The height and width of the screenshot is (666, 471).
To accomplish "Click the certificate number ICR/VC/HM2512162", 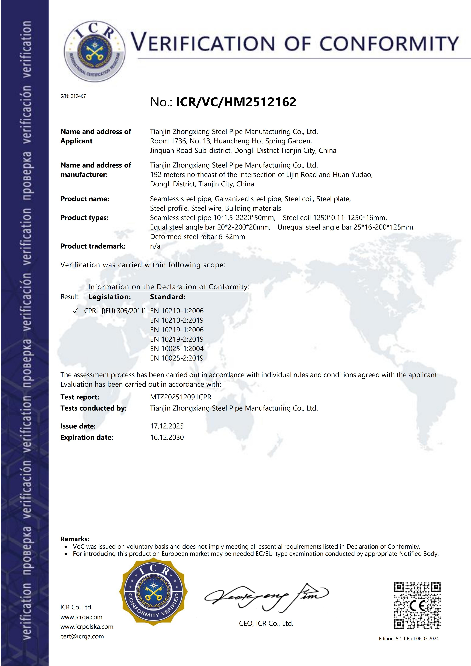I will pyautogui.click(x=236, y=102).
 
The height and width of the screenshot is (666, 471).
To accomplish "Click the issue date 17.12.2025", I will pyautogui.click(x=167, y=426).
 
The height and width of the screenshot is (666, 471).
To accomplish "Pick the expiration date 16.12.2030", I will pyautogui.click(x=167, y=437).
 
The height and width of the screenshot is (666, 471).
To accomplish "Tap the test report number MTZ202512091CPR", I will pyautogui.click(x=180, y=397).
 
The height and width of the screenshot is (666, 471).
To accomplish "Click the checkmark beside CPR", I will pyautogui.click(x=75, y=311).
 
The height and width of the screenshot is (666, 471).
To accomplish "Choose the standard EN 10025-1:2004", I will pyautogui.click(x=177, y=349).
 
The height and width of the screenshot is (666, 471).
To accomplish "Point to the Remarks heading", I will pyautogui.click(x=75, y=539).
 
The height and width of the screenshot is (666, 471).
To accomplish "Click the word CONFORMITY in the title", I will pyautogui.click(x=389, y=43).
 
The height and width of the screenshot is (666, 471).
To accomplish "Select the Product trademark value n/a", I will pyautogui.click(x=155, y=246).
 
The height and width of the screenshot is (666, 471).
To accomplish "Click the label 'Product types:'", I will pyautogui.click(x=84, y=218).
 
